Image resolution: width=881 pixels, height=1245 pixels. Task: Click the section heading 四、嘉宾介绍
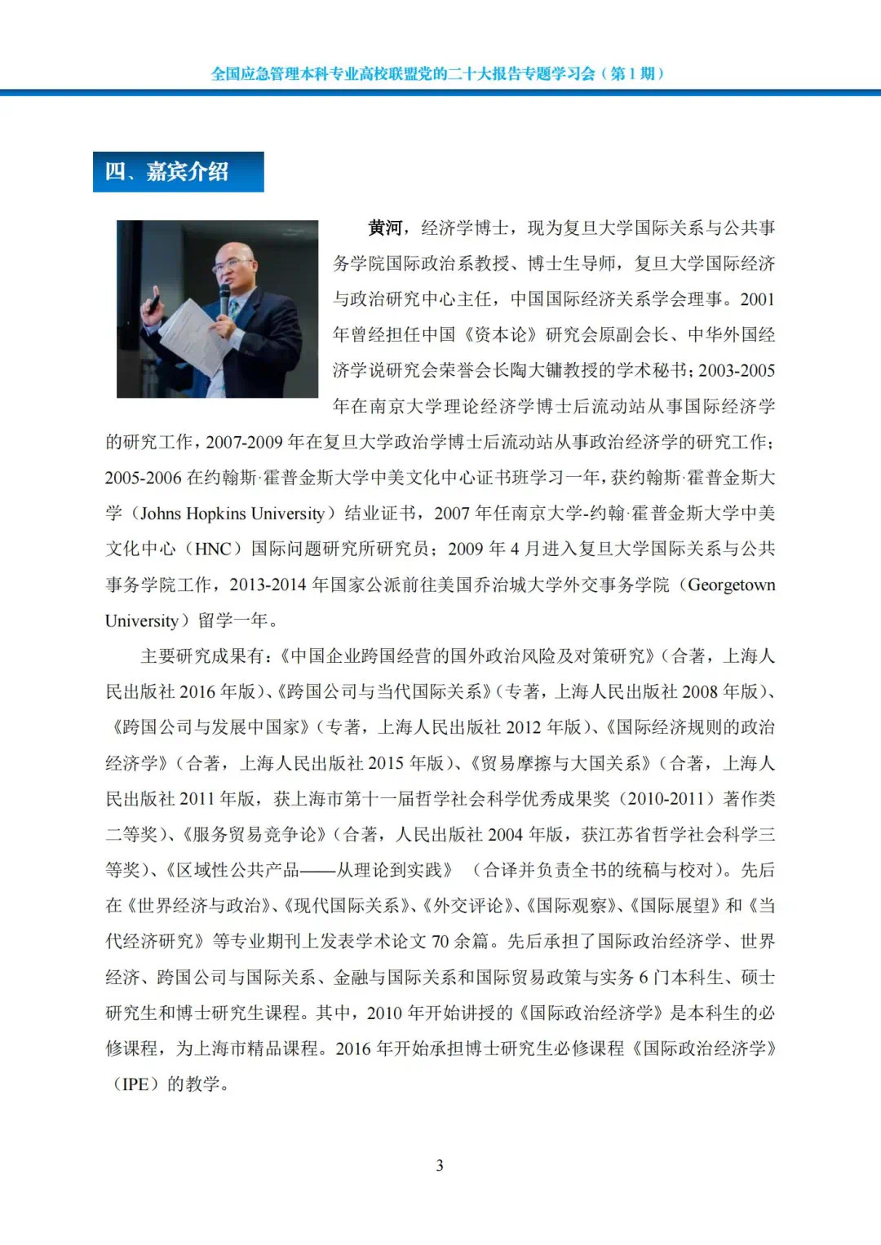(x=178, y=172)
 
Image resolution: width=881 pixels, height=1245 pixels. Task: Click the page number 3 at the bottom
(x=440, y=1165)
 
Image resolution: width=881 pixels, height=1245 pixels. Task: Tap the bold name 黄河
(x=385, y=228)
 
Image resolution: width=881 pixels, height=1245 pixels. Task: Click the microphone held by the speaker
(x=224, y=298)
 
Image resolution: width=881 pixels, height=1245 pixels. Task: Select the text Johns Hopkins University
(x=232, y=514)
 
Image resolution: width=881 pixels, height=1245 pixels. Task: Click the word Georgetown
(x=731, y=585)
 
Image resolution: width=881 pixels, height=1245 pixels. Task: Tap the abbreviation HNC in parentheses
(x=213, y=549)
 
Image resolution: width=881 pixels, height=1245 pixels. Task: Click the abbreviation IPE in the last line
(x=135, y=1084)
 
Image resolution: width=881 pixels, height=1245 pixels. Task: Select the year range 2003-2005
(x=737, y=371)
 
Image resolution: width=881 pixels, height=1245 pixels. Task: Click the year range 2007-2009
(x=244, y=442)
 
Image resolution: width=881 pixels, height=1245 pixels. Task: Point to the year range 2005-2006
(x=143, y=478)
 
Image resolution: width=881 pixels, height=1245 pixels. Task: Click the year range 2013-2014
(x=268, y=585)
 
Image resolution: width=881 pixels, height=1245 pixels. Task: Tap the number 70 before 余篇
(x=440, y=942)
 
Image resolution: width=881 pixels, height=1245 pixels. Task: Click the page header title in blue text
(x=438, y=73)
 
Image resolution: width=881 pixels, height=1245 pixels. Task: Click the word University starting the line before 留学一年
(x=142, y=620)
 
